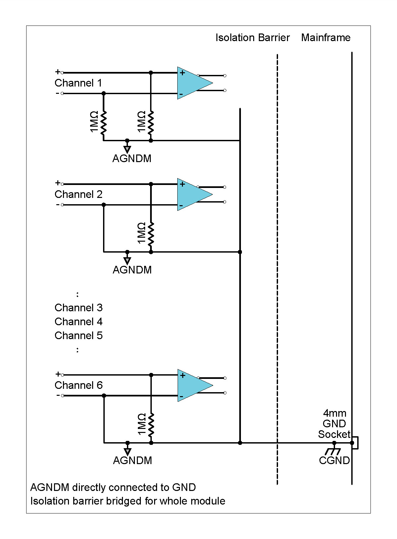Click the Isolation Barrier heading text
point(253,38)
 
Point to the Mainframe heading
point(325,38)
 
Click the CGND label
point(334,460)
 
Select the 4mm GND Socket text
point(334,424)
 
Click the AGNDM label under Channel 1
point(132,158)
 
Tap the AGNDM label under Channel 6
point(132,460)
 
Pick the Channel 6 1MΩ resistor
point(151,424)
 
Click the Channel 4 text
point(79,322)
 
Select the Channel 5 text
point(79,335)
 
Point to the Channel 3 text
point(79,308)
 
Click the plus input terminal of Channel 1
point(62,72)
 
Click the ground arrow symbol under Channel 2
point(127,260)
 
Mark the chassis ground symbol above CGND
point(333,451)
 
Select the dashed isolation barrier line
point(277,265)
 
